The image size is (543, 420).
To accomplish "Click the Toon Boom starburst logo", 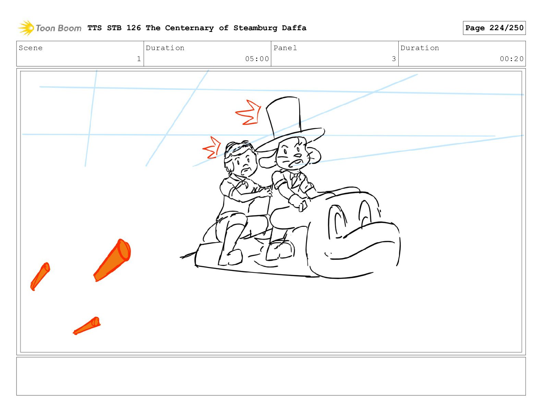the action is point(26,28).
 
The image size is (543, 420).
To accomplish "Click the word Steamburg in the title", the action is point(255,28).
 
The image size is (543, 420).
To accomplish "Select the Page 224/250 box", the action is point(494,28).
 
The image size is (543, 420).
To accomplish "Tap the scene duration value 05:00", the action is point(257,59).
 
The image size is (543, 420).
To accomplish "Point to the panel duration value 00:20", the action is point(511,59).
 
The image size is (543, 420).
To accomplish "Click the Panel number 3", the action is point(394,59).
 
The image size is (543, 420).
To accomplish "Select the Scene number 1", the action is point(139,59).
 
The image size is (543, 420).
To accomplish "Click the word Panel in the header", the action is point(285,48).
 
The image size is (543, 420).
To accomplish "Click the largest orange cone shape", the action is point(113,260).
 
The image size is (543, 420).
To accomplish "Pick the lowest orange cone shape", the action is point(87,325).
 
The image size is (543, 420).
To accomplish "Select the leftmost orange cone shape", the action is point(40,276).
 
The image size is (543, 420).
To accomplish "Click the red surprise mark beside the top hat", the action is point(249,112).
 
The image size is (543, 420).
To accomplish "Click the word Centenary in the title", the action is point(190,28).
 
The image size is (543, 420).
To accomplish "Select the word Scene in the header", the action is point(31,48).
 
